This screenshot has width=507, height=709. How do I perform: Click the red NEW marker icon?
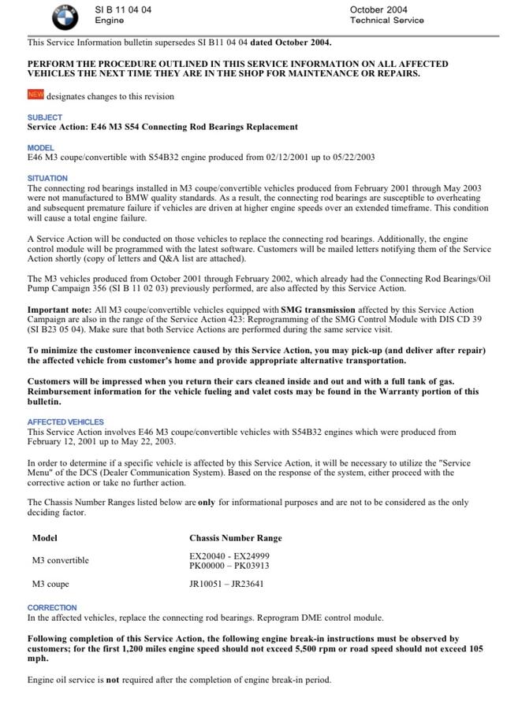tap(35, 95)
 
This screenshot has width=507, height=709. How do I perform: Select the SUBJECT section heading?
tap(45, 117)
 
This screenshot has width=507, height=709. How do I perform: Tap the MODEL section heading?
tap(41, 147)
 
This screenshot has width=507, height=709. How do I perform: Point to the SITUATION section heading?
tap(47, 178)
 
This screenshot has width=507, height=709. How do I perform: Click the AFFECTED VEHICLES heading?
tap(65, 422)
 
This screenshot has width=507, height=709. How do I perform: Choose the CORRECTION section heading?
tap(52, 607)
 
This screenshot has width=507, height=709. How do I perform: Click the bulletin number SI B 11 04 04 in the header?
tap(123, 9)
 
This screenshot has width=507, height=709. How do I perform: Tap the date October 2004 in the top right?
tap(378, 9)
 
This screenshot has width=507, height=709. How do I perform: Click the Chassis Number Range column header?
tap(235, 538)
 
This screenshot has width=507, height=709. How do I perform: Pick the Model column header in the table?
tap(45, 538)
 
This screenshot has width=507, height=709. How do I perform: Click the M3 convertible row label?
tap(60, 560)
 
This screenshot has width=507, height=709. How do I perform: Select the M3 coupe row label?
tap(50, 584)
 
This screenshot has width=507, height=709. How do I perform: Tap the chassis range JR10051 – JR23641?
tap(226, 584)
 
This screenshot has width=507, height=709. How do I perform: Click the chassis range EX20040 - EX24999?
tap(229, 555)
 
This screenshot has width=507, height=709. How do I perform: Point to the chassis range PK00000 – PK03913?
tap(229, 566)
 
